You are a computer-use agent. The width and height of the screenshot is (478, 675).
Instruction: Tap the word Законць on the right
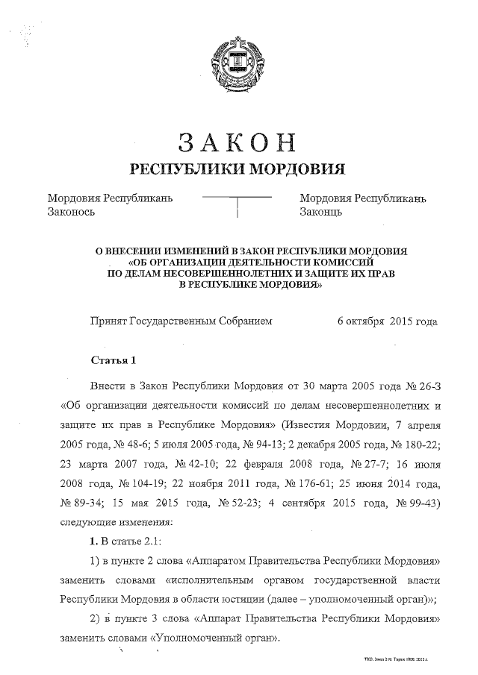point(320,212)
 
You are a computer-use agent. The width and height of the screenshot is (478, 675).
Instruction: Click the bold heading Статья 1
point(113,362)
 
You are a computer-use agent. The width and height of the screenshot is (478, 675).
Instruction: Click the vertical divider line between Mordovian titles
point(238,207)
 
